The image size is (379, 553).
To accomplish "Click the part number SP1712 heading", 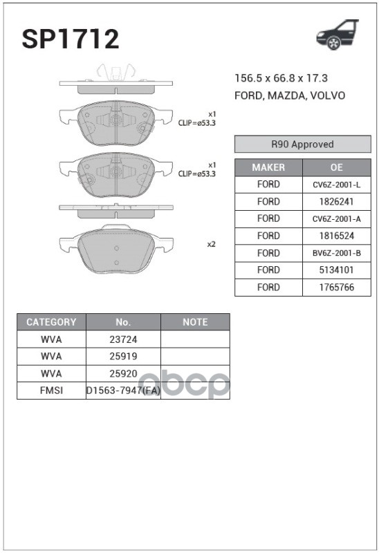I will [x=70, y=39].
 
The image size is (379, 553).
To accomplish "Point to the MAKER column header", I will [x=268, y=167].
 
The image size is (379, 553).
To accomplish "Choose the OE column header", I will [x=336, y=167].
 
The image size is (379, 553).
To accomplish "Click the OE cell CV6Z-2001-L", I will [x=336, y=185].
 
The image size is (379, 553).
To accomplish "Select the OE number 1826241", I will [x=336, y=202].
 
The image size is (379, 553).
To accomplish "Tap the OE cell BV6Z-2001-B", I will [x=336, y=253].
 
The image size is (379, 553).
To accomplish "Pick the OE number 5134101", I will [x=336, y=270].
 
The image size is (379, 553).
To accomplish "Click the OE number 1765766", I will [x=336, y=287].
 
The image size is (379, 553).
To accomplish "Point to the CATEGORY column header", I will [x=51, y=322].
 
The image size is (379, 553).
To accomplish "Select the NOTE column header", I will [x=195, y=322].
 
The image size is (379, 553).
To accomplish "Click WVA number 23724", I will [x=123, y=339].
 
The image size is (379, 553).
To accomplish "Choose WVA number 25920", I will [x=123, y=373].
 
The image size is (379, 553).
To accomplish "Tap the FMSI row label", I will [x=51, y=391].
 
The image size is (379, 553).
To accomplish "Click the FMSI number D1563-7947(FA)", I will [x=123, y=391].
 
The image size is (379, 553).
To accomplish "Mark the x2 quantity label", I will [x=212, y=244].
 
